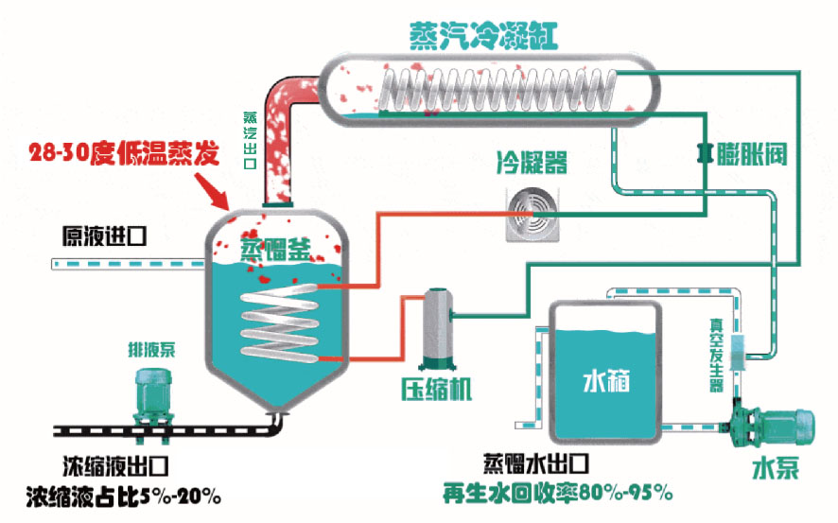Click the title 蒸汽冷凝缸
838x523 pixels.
coord(484,34)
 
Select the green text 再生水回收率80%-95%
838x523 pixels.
coord(559,492)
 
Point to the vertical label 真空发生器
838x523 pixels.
coord(716,354)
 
